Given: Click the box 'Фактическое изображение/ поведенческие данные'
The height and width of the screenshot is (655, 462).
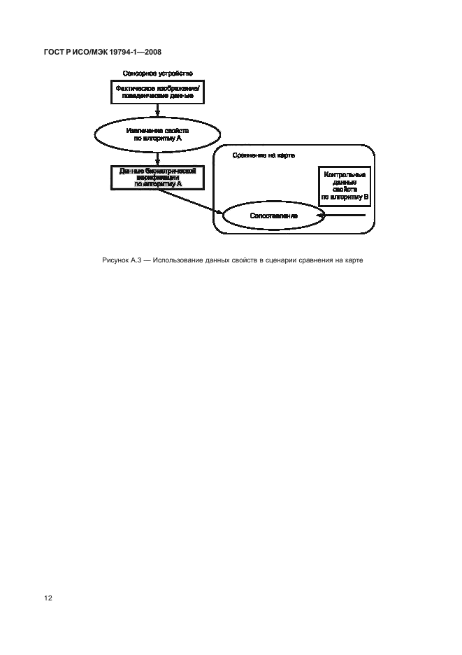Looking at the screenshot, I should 158,91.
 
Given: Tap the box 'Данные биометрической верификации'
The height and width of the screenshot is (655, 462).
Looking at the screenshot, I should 158,177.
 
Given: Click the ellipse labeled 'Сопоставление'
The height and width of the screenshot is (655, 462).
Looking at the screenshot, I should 274,216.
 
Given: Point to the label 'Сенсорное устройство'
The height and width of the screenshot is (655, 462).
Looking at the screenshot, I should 158,73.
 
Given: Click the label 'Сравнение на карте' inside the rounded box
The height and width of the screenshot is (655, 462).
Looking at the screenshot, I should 259,155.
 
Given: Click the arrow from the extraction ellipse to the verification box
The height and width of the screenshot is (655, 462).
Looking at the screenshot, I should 158,157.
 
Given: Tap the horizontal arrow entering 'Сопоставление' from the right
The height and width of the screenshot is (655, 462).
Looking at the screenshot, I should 342,216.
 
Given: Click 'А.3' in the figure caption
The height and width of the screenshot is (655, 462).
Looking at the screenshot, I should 137,261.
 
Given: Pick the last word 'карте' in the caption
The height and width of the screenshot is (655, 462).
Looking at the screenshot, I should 352,261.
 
